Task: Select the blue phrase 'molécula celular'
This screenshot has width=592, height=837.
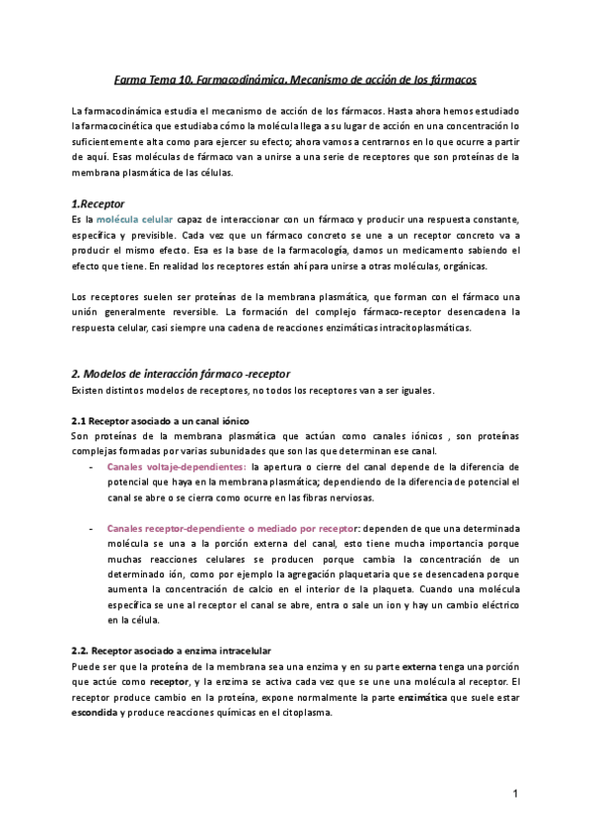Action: [x=134, y=218]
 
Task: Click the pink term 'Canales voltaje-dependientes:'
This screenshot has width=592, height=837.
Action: [x=177, y=466]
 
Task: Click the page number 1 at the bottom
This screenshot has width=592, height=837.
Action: [x=515, y=793]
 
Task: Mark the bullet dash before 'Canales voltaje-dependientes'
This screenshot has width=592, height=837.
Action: [x=92, y=466]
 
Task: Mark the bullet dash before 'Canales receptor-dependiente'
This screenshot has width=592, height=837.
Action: [x=92, y=529]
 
